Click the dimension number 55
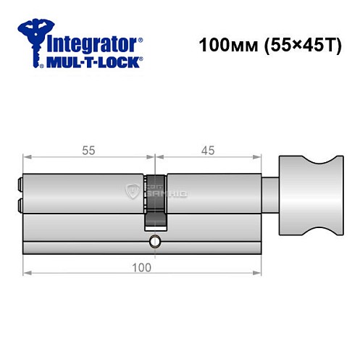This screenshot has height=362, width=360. coord(89,151)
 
